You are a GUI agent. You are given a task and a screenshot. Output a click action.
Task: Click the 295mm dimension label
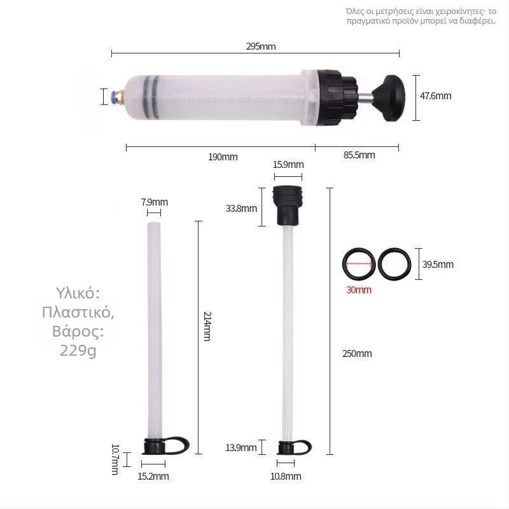pyautogui.click(x=261, y=46)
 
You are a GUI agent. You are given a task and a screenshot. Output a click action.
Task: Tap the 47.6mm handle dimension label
pyautogui.click(x=435, y=96)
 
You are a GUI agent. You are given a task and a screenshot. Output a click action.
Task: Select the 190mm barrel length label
pyautogui.click(x=223, y=157)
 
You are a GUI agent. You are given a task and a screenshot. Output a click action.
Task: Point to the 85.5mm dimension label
pyautogui.click(x=359, y=155)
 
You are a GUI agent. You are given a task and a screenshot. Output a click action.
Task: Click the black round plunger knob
pyautogui.click(x=389, y=98)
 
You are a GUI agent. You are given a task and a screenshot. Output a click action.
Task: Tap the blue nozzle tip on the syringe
pyautogui.click(x=113, y=97)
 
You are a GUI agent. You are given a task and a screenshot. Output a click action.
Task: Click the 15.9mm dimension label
pyautogui.click(x=288, y=165)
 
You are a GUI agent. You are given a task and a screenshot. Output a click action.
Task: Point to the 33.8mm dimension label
pyautogui.click(x=241, y=209)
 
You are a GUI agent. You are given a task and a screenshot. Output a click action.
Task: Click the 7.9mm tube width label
pyautogui.click(x=155, y=202)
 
